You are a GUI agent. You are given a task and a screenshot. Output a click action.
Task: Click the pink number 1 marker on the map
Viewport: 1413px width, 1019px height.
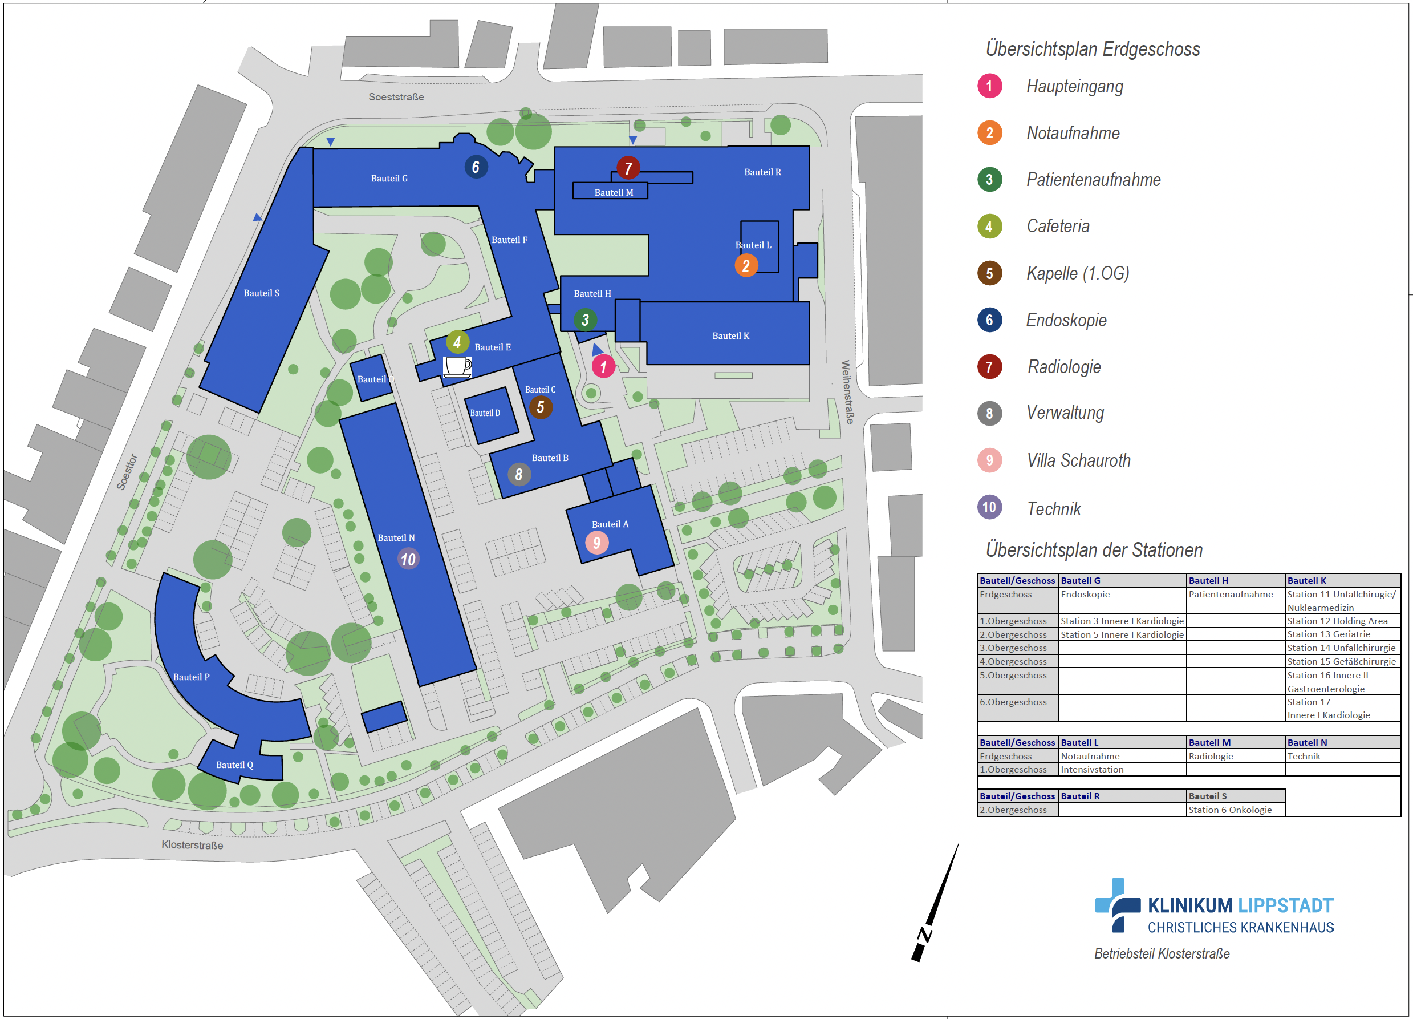tap(603, 366)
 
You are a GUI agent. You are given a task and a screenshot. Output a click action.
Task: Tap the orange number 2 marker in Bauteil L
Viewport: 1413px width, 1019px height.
tap(746, 265)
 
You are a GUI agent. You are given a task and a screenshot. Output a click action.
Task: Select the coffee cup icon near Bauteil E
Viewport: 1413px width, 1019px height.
tap(457, 366)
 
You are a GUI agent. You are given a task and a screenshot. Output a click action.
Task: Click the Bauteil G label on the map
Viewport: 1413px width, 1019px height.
tap(389, 178)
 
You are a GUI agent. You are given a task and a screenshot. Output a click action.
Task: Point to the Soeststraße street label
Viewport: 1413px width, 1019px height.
tap(396, 96)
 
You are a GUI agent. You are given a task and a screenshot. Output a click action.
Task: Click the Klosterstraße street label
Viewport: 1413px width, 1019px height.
tap(192, 844)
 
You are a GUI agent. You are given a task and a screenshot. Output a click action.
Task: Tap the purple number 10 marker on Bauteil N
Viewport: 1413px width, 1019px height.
tap(408, 559)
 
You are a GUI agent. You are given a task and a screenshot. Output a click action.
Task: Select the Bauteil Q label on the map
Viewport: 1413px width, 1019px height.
tap(234, 765)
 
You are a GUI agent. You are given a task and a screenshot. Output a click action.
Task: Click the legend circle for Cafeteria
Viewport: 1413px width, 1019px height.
tap(989, 227)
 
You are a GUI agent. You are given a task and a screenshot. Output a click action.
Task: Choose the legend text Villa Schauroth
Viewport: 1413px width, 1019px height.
tap(1078, 460)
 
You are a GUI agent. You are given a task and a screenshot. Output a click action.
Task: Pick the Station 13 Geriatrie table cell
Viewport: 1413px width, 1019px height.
tap(1328, 634)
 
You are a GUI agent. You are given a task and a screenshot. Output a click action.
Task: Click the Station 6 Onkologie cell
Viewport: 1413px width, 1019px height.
tap(1230, 810)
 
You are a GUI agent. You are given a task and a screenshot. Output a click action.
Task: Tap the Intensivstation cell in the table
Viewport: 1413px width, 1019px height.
tap(1091, 769)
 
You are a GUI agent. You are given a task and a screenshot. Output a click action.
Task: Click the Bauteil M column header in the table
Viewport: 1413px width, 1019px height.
tap(1209, 742)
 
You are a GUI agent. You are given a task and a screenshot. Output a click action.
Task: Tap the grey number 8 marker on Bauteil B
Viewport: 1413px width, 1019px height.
tap(518, 475)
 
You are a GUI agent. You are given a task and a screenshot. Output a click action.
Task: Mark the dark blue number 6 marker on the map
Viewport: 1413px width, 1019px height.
tap(476, 167)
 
